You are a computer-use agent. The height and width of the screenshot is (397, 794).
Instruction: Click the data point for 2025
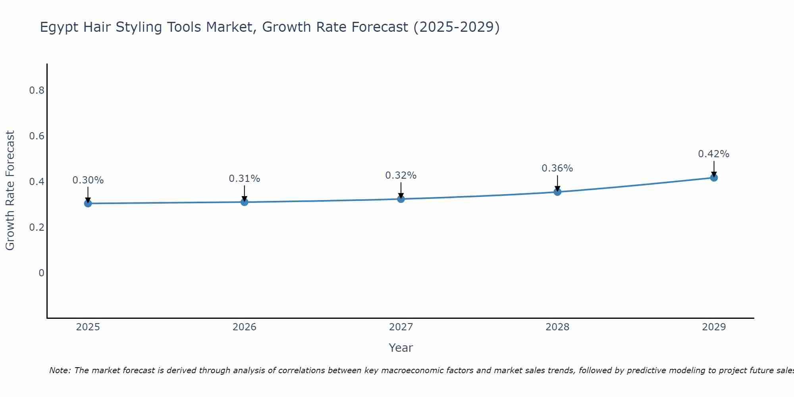point(88,204)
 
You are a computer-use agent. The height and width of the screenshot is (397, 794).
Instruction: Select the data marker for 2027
point(401,199)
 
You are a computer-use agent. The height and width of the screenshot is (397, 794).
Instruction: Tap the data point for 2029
point(714,177)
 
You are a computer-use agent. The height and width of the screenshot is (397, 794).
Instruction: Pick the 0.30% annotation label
point(88,180)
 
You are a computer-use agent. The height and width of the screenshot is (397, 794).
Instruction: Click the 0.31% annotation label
point(245,179)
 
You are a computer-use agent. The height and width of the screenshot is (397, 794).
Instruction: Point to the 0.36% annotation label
point(557,168)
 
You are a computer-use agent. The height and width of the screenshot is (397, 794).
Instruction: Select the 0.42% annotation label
point(714,154)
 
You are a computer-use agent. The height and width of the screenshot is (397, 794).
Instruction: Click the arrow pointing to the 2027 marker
point(401,190)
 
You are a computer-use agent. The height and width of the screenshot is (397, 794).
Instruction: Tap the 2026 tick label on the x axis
point(245,327)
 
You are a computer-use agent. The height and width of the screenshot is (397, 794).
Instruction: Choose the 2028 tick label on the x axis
point(557,327)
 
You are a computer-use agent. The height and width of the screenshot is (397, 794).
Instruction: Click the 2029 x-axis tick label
point(714,327)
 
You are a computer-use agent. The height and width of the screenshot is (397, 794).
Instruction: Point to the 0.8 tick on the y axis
point(37,91)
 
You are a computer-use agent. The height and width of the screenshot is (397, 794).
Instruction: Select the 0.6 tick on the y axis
point(37,136)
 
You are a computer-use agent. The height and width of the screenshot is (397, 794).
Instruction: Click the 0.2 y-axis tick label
point(37,227)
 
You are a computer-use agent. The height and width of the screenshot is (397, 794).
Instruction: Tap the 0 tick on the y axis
point(41,273)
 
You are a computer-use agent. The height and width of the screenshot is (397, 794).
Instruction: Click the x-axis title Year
point(401,348)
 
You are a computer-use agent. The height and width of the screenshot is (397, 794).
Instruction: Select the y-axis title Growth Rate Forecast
point(10,191)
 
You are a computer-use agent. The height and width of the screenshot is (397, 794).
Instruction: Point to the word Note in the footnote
point(60,370)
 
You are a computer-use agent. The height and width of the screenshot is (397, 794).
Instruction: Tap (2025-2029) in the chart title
point(456,27)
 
